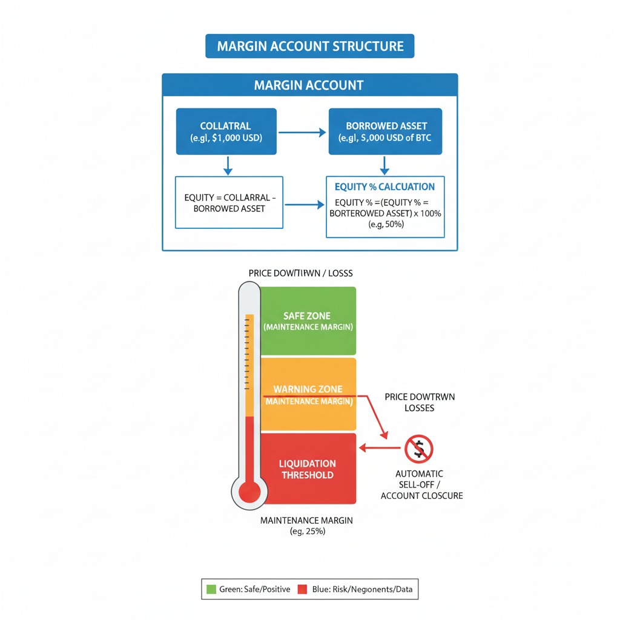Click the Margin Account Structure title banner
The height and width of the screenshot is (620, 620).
tap(309, 47)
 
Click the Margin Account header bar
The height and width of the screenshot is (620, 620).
tap(309, 85)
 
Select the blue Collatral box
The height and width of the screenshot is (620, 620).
tap(225, 132)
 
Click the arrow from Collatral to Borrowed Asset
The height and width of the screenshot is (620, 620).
tap(302, 133)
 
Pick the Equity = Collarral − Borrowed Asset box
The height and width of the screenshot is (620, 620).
tap(229, 202)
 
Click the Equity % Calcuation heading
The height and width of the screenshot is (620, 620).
tap(384, 186)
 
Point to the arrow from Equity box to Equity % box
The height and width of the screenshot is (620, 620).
tap(304, 205)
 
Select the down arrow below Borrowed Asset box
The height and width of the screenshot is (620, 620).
tap(385, 165)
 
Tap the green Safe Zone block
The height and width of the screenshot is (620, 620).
tap(308, 321)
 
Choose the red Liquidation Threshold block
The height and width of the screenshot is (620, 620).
tap(308, 468)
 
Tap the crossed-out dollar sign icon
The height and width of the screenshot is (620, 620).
tap(418, 449)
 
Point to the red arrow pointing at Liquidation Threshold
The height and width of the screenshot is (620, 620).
tap(380, 449)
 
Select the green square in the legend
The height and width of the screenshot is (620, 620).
tap(211, 589)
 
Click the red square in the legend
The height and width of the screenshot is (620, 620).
tap(302, 589)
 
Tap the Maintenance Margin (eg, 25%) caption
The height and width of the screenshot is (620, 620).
tap(306, 526)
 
